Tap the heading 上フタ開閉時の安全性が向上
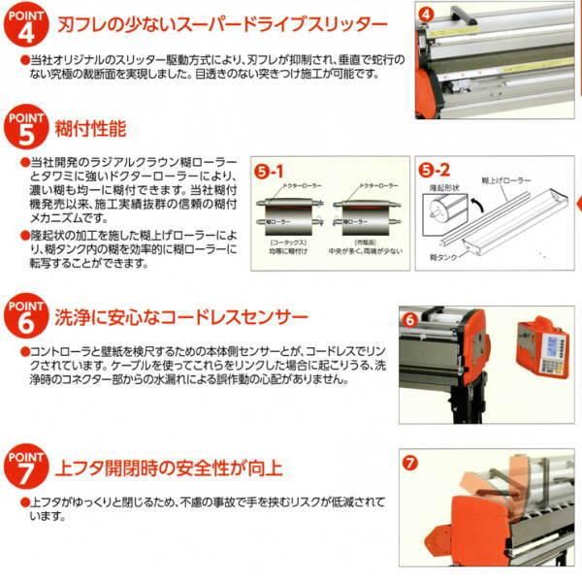170,469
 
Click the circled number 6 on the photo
410,318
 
